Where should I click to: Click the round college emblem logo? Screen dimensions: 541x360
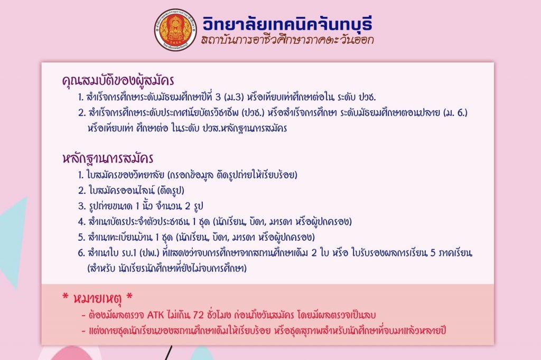175,30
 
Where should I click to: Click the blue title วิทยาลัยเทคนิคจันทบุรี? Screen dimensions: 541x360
287,23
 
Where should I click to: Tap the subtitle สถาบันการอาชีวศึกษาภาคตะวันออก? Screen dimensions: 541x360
287,40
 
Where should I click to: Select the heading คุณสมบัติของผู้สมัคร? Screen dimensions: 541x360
118,80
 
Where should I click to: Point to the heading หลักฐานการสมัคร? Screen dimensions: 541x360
108,158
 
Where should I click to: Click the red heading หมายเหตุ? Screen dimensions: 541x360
98,298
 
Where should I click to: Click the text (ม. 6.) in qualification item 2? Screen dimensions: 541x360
456,113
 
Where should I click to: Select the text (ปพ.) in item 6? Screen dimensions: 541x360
150,253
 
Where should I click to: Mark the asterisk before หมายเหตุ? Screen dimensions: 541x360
65,296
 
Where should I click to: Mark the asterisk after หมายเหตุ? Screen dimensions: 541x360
129,296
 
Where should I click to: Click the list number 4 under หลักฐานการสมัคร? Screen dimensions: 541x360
81,222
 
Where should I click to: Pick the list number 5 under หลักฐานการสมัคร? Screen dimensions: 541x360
81,238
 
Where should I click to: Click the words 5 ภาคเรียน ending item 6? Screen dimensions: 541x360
451,253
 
